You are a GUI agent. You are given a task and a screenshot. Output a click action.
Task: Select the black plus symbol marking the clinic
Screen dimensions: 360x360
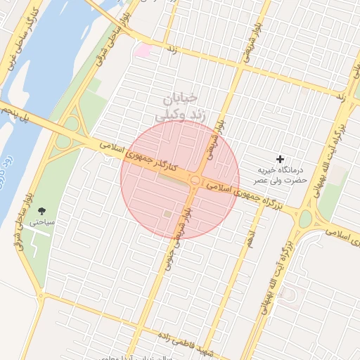point(281,160)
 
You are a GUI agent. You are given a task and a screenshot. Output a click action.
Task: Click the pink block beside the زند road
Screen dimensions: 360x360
point(143,51)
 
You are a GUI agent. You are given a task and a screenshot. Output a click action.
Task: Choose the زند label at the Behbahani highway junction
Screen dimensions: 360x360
point(339,95)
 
